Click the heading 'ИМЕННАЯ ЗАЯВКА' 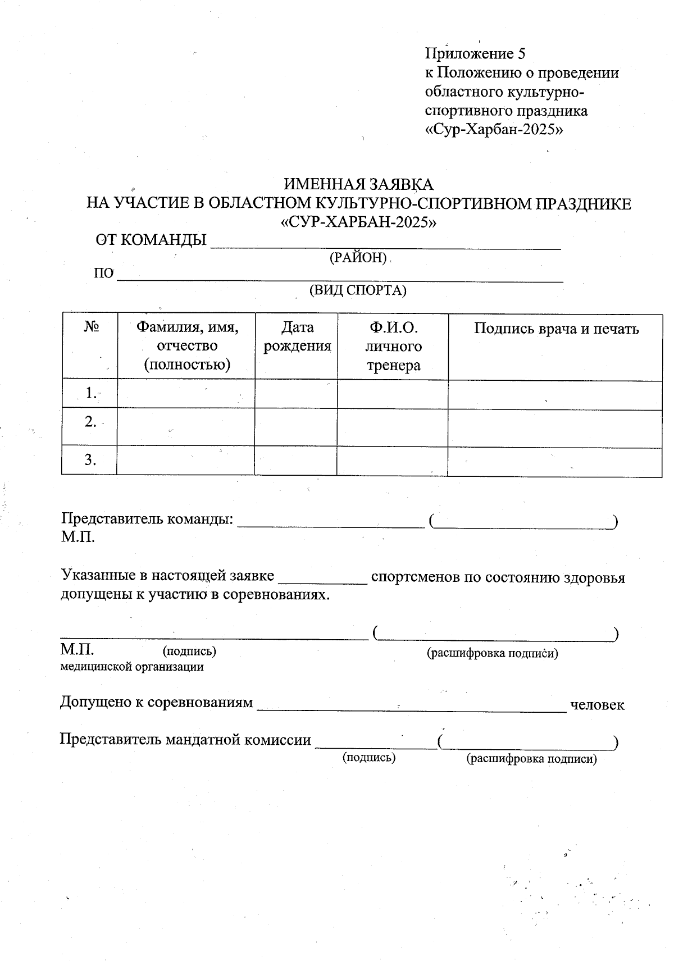click(358, 184)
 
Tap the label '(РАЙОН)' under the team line click(358, 258)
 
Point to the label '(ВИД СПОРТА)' click(358, 290)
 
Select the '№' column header click(92, 327)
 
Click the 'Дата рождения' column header click(297, 336)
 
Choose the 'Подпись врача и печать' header click(556, 329)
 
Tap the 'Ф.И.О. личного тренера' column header click(393, 347)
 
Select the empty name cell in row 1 click(186, 394)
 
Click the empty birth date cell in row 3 click(296, 461)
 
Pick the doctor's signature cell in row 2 click(555, 428)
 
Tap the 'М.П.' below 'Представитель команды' click(78, 538)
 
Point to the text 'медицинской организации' click(132, 667)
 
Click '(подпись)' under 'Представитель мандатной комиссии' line click(369, 758)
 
